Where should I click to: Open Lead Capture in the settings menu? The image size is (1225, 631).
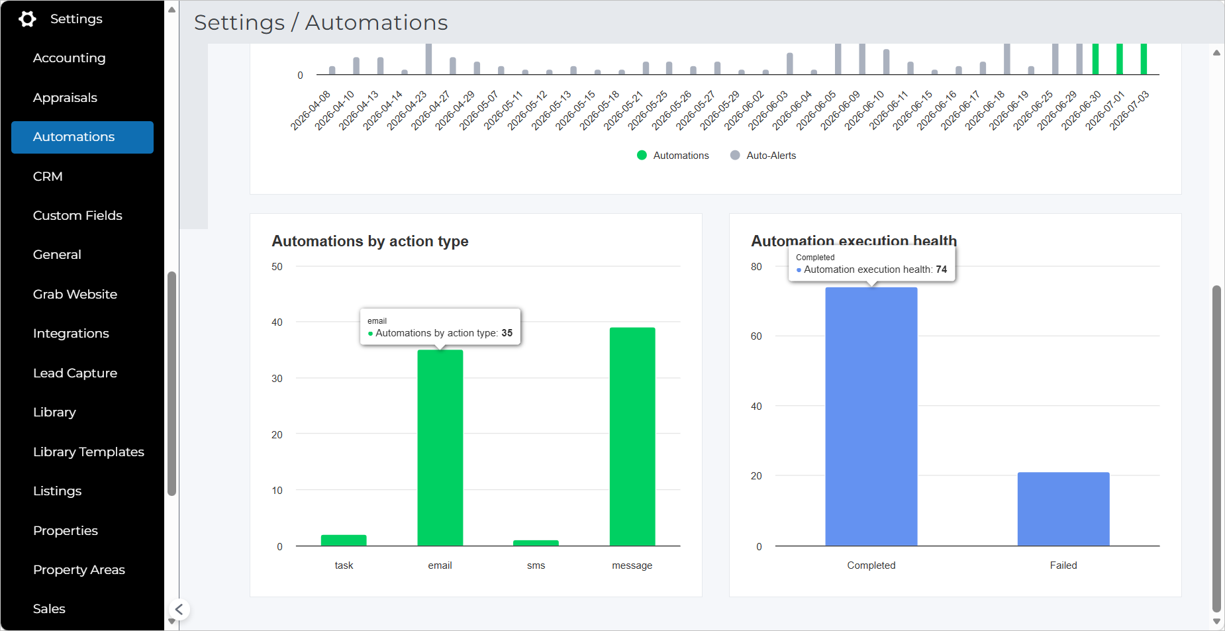pos(75,373)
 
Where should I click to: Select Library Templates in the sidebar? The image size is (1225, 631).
pos(89,452)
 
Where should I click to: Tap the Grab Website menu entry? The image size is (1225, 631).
pos(75,295)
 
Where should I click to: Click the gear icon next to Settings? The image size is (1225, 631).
pos(27,19)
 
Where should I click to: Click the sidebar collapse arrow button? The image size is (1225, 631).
pos(179,609)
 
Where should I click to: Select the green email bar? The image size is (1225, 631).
pos(440,448)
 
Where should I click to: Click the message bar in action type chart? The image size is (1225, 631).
pos(632,436)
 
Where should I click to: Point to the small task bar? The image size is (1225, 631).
pos(344,540)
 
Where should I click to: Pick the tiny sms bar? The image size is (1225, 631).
pos(536,543)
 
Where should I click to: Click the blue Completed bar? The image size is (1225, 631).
pos(871,416)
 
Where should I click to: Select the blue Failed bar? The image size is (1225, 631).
pos(1063,509)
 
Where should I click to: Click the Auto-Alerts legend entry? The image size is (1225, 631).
pos(763,156)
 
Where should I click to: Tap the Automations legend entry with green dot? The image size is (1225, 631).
pos(673,156)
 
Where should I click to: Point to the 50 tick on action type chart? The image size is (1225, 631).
pos(277,267)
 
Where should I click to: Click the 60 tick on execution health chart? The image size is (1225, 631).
pos(756,336)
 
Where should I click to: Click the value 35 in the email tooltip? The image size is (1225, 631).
pos(507,333)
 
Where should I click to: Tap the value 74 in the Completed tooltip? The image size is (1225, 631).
pos(942,269)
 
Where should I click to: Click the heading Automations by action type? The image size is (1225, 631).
pos(370,242)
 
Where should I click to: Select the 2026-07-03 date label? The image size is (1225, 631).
pos(1130,110)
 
